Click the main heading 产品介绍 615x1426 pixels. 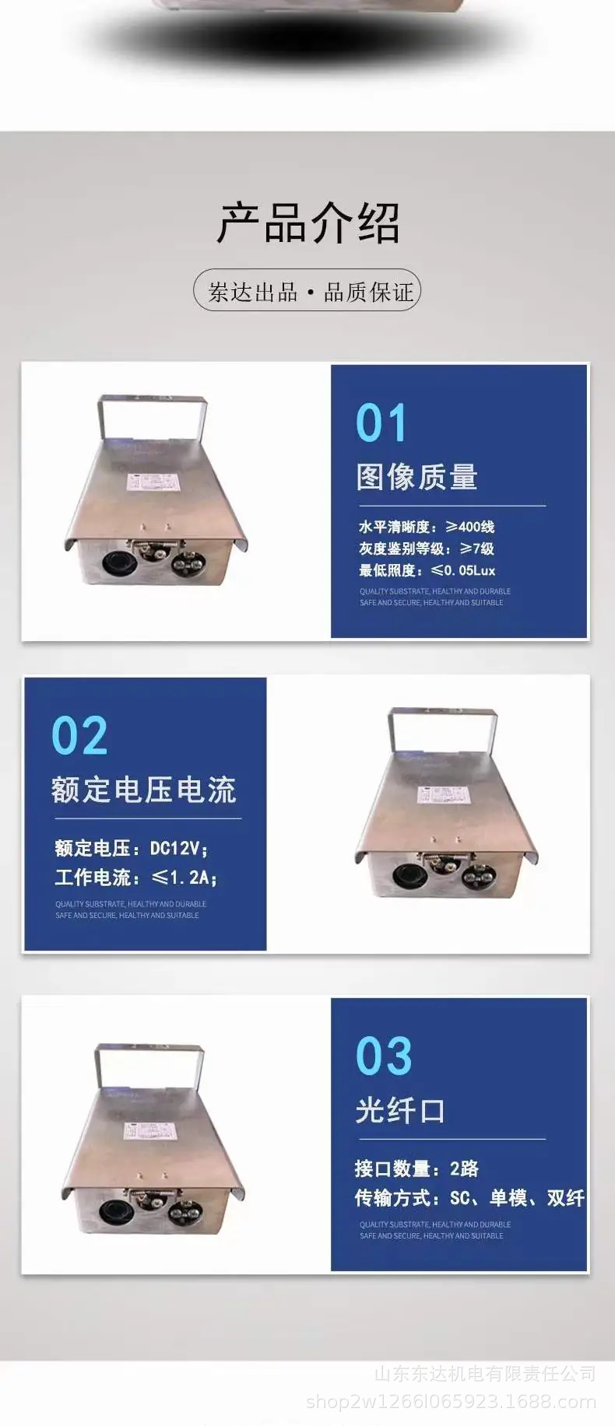pos(307,223)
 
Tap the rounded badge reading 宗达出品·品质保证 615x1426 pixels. pos(307,292)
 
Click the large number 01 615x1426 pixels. pos(381,423)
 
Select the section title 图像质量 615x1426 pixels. pos(416,477)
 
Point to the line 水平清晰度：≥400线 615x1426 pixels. pos(426,527)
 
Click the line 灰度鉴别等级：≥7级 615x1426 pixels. pos(426,548)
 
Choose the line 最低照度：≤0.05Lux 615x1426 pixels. pos(427,570)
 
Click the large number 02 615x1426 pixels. pos(79,736)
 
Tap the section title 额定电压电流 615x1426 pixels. pos(143,790)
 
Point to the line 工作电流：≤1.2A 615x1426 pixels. pos(135,878)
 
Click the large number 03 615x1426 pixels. pos(383,1056)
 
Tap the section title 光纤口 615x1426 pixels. pos(400,1110)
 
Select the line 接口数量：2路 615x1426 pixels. pos(416,1168)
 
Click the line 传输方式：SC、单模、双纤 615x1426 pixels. pos(469,1198)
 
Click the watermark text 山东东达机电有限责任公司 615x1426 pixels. pos(484,1374)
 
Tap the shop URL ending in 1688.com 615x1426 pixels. pos(451,1402)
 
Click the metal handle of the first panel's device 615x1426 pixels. pos(152,404)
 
